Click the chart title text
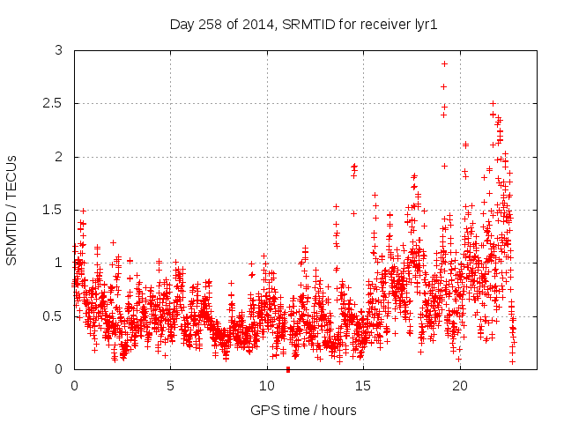[x=303, y=24]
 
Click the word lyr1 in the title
[x=425, y=24]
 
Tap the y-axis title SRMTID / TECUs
[x=12, y=210]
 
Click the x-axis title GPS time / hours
[x=303, y=410]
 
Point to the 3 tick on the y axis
[x=59, y=51]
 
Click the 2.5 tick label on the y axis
[x=53, y=104]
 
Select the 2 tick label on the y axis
[x=59, y=157]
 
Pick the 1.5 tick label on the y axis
[x=53, y=210]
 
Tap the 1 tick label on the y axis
[x=59, y=263]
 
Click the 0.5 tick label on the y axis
[x=53, y=315]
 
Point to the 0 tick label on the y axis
[x=59, y=368]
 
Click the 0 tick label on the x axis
[x=74, y=385]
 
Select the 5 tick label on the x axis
[x=170, y=385]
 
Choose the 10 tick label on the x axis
[x=266, y=385]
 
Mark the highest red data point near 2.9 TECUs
[x=444, y=63]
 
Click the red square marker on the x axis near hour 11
[x=288, y=369]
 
